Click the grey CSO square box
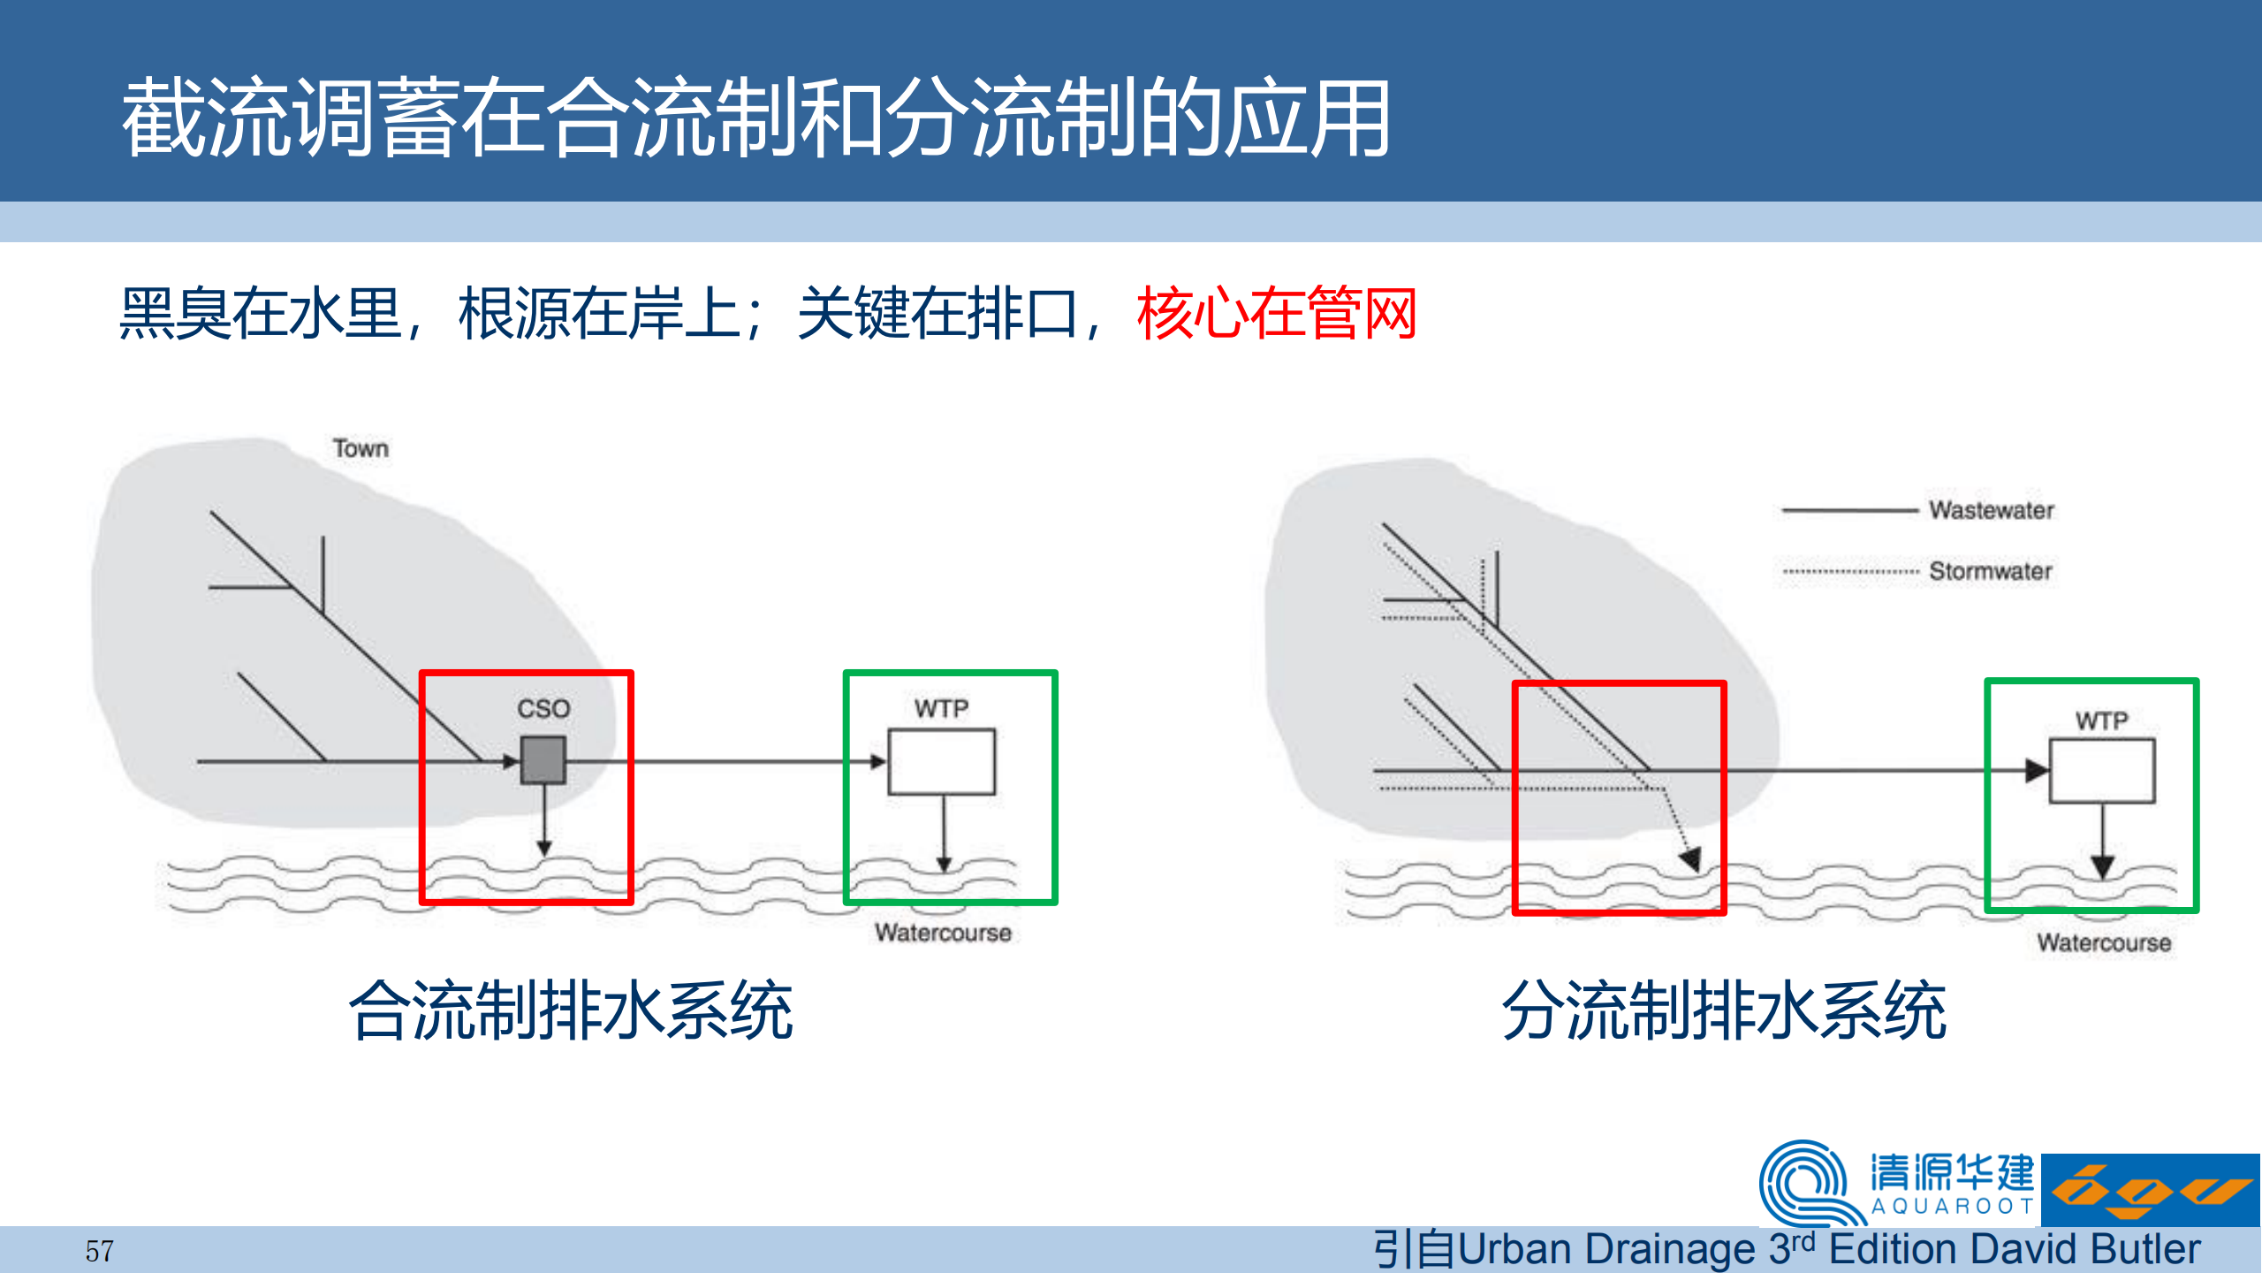click(543, 760)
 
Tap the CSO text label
click(543, 709)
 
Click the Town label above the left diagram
click(361, 448)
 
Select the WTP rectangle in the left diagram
click(942, 762)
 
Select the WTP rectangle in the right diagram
click(2102, 771)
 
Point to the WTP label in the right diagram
click(2102, 720)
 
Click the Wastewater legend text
click(1992, 510)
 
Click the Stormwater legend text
click(1991, 571)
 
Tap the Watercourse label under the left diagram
click(943, 933)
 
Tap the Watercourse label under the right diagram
click(2104, 942)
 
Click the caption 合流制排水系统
click(572, 1010)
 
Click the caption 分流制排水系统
click(1724, 1010)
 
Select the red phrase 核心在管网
click(1277, 313)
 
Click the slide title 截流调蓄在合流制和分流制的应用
click(756, 118)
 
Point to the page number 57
click(99, 1251)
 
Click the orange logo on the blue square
click(2151, 1191)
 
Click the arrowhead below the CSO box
click(544, 848)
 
